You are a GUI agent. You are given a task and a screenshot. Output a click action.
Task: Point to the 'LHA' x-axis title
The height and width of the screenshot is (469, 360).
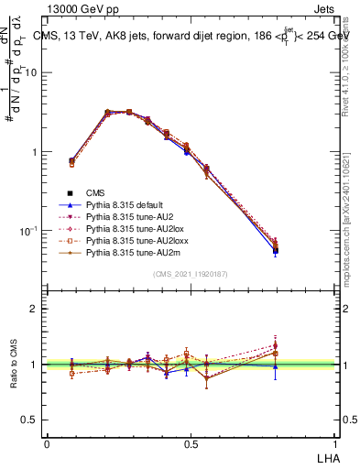324,457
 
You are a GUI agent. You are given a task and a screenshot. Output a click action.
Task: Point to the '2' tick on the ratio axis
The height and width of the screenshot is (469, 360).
35,309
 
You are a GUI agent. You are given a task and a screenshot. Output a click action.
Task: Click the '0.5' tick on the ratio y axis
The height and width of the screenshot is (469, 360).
30,420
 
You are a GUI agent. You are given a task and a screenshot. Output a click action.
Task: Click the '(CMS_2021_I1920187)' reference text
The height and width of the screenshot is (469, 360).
191,274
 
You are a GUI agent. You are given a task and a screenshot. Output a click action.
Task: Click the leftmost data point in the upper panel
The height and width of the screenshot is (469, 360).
71,162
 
